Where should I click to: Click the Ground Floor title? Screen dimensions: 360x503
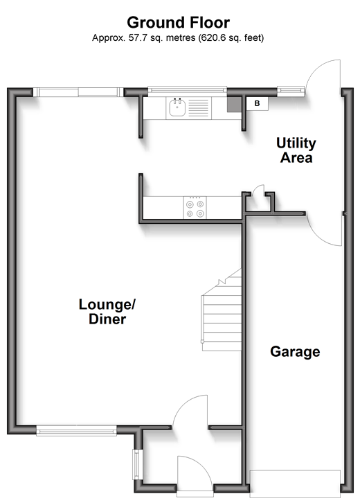point(178,23)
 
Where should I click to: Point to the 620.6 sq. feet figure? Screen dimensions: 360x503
point(231,38)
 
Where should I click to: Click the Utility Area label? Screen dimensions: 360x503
point(296,150)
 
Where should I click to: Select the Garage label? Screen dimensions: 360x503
point(295,352)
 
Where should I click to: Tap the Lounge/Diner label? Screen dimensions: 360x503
point(107,312)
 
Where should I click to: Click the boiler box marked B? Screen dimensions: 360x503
point(257,104)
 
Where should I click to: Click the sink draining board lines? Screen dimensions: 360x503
point(198,107)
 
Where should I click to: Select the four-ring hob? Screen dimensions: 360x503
point(195,208)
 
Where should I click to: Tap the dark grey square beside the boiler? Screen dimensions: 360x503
point(234,104)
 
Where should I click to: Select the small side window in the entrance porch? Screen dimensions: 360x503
point(136,464)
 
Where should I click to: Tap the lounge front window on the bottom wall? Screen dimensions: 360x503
point(76,430)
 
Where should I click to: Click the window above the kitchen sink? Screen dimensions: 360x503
point(187,91)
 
